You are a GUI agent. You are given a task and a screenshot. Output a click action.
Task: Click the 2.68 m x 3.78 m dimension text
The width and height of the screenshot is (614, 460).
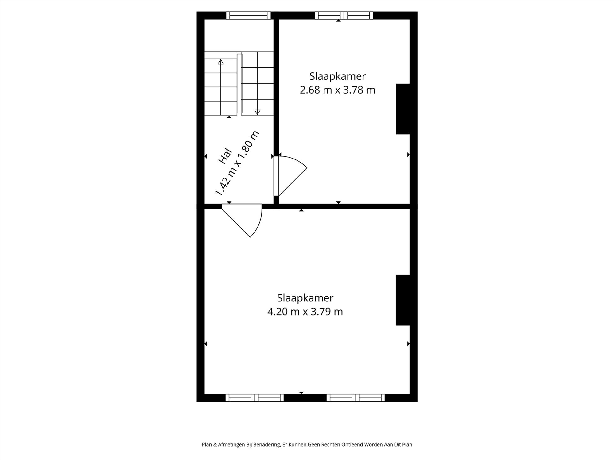pyautogui.click(x=337, y=90)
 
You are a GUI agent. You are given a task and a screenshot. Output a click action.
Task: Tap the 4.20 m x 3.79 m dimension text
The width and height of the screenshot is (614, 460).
pyautogui.click(x=305, y=312)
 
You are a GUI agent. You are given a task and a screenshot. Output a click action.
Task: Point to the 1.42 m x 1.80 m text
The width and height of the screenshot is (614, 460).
pyautogui.click(x=237, y=163)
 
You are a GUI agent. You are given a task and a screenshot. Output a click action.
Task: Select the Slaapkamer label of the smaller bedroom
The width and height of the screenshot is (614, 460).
pyautogui.click(x=337, y=76)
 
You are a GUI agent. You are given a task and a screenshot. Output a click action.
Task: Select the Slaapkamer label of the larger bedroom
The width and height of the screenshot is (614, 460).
pyautogui.click(x=305, y=298)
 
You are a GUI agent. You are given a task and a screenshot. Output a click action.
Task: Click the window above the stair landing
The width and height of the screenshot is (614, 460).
pyautogui.click(x=248, y=15)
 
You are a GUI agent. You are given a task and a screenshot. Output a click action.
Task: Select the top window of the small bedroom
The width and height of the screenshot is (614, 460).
pyautogui.click(x=344, y=15)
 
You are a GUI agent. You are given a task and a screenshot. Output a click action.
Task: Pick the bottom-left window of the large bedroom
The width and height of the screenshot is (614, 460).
pyautogui.click(x=255, y=398)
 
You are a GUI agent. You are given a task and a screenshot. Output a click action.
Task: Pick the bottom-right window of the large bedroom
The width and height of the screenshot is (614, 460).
pyautogui.click(x=356, y=398)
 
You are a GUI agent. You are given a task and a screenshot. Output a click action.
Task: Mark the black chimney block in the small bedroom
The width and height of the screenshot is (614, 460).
pyautogui.click(x=403, y=109)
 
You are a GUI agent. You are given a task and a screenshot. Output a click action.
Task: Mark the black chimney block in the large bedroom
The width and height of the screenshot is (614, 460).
pyautogui.click(x=403, y=300)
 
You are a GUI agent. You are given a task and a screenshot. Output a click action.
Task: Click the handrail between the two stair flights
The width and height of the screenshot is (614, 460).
pyautogui.click(x=239, y=83)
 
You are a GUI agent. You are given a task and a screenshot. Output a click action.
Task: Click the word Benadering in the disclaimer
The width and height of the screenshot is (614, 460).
pyautogui.click(x=267, y=444)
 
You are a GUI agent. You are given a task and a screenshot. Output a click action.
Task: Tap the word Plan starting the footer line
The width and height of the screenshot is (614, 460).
pyautogui.click(x=207, y=444)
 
